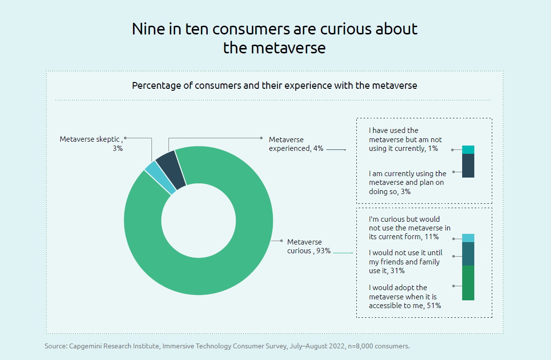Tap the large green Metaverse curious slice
tap(204, 277)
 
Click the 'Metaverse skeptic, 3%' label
tap(92, 144)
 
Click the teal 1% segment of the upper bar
tap(468, 149)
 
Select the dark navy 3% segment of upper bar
tap(468, 165)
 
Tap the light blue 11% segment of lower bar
tap(468, 238)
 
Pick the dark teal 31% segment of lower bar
tap(468, 254)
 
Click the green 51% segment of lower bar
tap(468, 283)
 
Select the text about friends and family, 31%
tap(404, 262)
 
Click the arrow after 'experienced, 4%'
tap(336, 149)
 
